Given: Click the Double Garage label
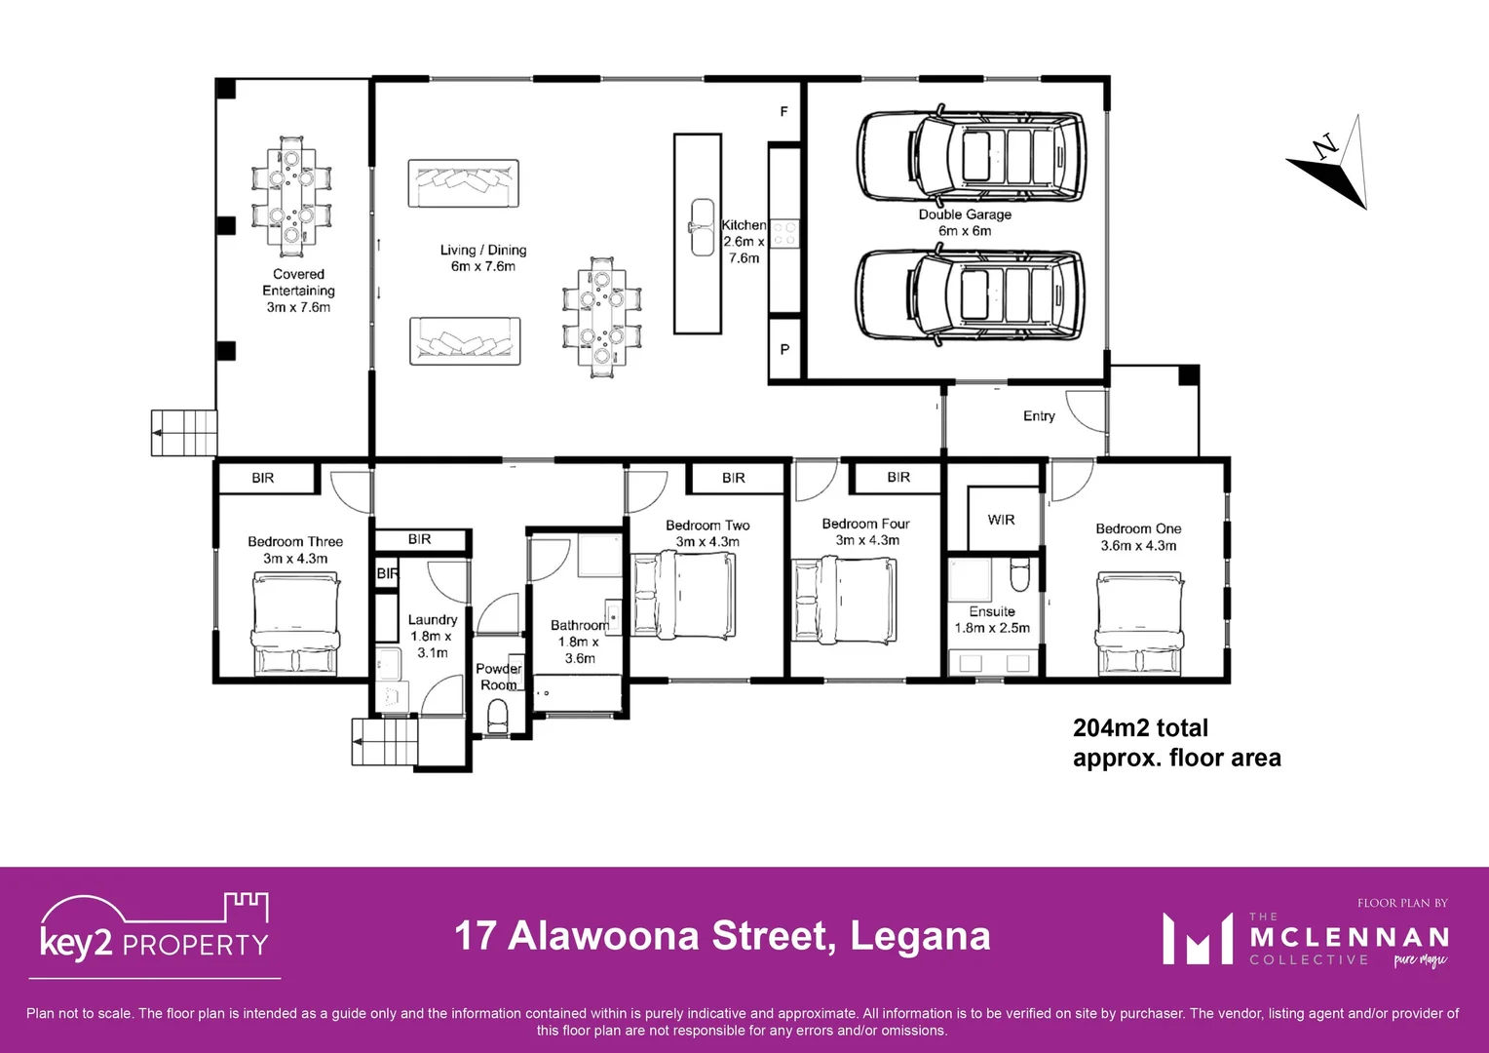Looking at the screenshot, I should (965, 214).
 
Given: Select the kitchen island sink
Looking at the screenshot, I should (703, 227).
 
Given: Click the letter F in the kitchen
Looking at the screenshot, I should (783, 112).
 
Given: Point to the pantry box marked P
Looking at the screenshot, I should (784, 349).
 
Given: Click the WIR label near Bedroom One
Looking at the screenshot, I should (1001, 520).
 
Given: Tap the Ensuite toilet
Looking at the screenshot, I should (1019, 574).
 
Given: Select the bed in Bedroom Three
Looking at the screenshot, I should (296, 624).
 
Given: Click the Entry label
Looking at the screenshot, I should (1039, 416).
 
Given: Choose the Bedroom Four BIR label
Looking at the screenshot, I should (898, 478).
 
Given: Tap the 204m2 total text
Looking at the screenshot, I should (1140, 728).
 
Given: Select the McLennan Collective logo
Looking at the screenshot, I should (1306, 938).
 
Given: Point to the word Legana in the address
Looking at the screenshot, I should (920, 936).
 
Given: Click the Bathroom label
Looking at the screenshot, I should (579, 626).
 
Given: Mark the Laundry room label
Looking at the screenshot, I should (432, 620).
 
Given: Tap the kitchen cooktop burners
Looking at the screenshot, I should (784, 233).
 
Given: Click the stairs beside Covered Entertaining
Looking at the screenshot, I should (183, 432).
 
